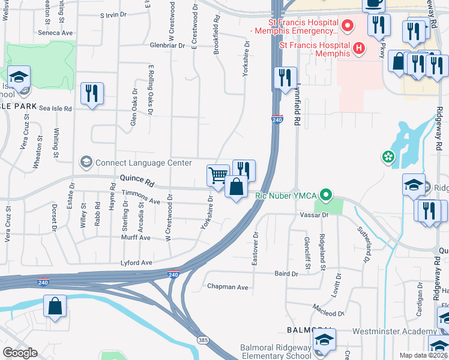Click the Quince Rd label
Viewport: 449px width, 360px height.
137,179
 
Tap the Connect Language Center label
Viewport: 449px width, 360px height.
143,163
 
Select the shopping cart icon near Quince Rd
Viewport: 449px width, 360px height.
218,176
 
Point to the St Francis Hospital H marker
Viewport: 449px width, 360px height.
359,47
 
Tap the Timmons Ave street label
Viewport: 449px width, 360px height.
141,197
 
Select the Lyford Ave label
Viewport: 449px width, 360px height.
136,263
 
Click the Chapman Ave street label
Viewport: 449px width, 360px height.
228,287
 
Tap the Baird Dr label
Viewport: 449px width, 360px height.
286,274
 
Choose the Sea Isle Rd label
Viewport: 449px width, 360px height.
55,109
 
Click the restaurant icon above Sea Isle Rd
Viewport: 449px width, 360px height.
92,94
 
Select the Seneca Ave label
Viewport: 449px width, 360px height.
55,33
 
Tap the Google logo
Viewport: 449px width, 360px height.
20,353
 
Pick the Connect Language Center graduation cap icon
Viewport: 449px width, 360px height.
86,163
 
